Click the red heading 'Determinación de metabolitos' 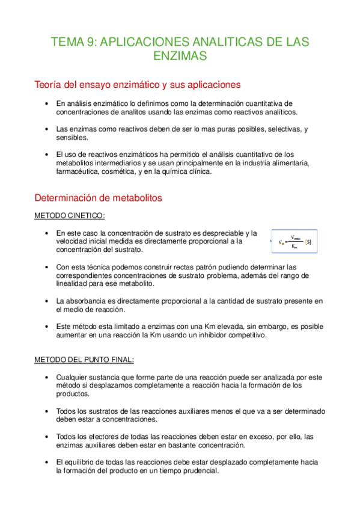pos(98,197)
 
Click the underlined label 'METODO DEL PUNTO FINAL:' pos(84,360)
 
